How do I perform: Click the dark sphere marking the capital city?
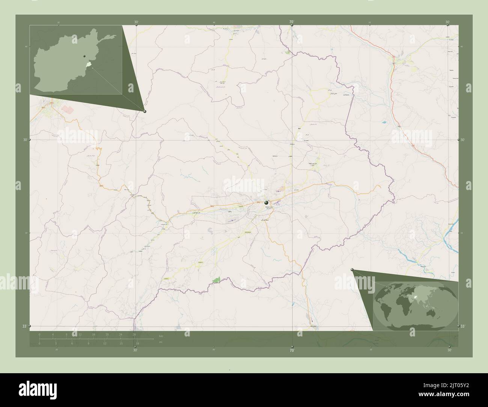266,202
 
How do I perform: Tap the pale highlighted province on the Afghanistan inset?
89,65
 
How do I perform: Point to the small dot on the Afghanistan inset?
85,56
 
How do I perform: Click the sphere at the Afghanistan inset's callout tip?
145,111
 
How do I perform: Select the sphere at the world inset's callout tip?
352,270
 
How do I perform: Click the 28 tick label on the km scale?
134,334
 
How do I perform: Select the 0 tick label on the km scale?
39,334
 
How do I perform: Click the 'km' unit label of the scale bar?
161,335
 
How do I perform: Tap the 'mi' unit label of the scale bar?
161,342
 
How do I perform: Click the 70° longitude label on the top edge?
291,22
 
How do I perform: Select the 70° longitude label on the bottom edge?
292,350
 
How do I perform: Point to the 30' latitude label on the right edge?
462,140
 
